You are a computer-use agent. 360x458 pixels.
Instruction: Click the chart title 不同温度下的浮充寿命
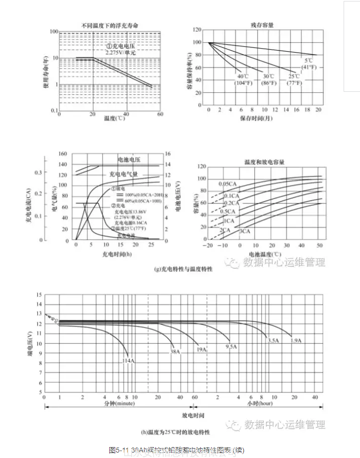pos(110,25)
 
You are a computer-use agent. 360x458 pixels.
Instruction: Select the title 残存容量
pos(263,24)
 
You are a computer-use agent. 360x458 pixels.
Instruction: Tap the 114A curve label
pos(129,360)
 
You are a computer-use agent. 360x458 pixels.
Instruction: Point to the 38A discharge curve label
pos(175,351)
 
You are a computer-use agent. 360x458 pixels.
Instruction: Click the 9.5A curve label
pos(231,346)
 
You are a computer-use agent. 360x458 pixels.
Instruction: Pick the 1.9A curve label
pos(296,340)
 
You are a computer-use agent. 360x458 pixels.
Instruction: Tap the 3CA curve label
pos(244,231)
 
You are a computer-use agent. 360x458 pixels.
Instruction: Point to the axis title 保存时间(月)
pos(263,119)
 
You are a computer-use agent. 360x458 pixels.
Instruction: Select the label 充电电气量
pos(123,174)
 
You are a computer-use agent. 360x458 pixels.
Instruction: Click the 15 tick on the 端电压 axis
pos(39,295)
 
